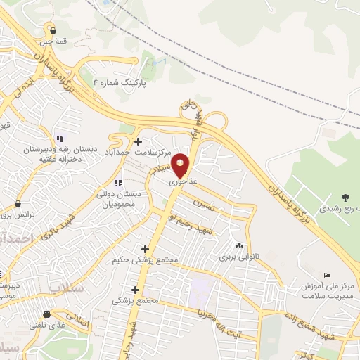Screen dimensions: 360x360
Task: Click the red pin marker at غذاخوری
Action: [x=181, y=166]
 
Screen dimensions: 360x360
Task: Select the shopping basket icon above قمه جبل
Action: [x=53, y=30]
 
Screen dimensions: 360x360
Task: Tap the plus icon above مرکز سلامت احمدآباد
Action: [x=138, y=141]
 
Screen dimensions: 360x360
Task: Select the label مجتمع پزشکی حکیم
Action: [x=141, y=260]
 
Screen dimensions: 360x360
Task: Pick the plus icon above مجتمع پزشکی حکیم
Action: [x=145, y=248]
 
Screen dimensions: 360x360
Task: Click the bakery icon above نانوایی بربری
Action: [x=240, y=245]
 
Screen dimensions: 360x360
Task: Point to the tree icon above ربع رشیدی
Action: [x=345, y=198]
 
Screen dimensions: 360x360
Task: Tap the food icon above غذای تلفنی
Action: [x=46, y=314]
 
